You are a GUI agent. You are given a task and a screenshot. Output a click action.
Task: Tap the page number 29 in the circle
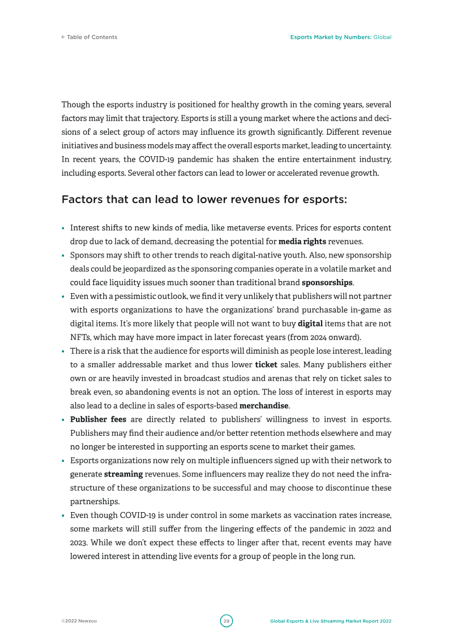(x=226, y=621)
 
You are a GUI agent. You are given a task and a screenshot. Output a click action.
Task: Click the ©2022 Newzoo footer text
(x=79, y=621)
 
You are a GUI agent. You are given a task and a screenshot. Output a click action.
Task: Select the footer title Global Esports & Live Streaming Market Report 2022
(x=331, y=621)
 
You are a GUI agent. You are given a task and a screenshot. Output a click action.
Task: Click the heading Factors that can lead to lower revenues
(x=204, y=200)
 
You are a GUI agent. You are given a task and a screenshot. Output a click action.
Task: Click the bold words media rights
(x=302, y=242)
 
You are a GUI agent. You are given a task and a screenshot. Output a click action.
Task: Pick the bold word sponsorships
(x=327, y=282)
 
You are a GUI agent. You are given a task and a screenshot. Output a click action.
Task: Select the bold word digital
(x=310, y=324)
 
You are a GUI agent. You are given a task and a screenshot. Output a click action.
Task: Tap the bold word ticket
(x=266, y=364)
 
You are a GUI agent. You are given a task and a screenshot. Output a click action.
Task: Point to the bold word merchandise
(x=264, y=406)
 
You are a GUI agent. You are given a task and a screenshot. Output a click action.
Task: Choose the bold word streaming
(x=123, y=474)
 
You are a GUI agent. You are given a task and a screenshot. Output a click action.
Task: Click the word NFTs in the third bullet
(x=80, y=337)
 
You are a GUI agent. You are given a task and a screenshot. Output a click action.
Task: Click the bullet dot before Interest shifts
(x=63, y=229)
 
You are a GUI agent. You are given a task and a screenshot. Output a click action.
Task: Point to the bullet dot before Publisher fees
(x=63, y=420)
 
